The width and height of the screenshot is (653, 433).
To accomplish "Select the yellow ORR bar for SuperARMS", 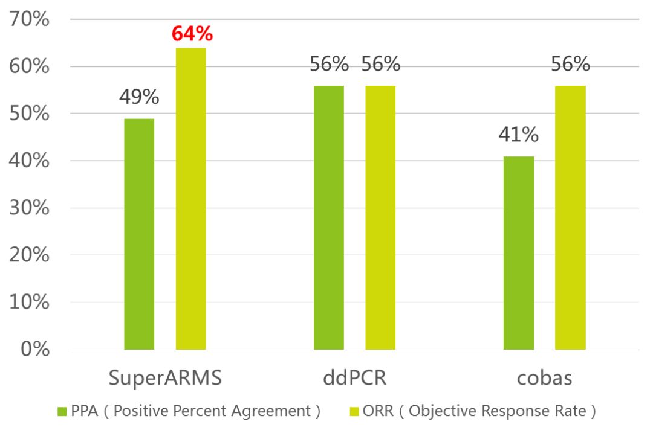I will (190, 199).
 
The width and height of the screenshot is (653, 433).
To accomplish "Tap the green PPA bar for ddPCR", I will (329, 217).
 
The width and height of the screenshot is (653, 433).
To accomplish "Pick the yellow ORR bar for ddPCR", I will (380, 217).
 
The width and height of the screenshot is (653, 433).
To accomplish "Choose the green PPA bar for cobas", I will (519, 253).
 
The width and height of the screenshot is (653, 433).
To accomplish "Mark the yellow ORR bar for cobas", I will (570, 217).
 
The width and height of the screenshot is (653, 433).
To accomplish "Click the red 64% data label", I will (192, 33).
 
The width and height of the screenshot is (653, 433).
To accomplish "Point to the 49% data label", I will (139, 96).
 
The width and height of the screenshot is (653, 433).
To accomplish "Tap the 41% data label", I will (518, 135).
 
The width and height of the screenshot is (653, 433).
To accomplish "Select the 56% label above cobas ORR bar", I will (570, 64).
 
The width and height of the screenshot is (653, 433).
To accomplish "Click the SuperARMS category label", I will (166, 378).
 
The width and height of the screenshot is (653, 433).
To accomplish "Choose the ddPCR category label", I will (354, 378).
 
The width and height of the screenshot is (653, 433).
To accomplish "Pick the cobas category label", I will (544, 378).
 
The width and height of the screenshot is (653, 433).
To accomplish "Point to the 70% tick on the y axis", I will (30, 19).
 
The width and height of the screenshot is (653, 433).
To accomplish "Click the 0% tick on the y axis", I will (34, 350).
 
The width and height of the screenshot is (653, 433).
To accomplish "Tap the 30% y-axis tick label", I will (30, 208).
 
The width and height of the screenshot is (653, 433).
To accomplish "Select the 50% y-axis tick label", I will (30, 114).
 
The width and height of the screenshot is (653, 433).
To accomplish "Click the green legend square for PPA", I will (62, 412).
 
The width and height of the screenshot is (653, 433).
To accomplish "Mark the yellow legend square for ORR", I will (356, 412).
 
